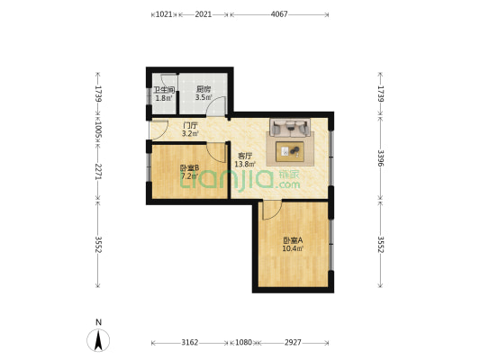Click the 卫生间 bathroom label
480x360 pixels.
[x=163, y=90]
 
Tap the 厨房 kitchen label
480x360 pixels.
[x=203, y=90]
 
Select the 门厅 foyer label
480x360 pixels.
[x=190, y=126]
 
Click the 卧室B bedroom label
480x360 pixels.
[x=189, y=167]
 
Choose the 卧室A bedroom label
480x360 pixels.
[x=292, y=240]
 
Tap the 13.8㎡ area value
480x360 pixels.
[x=244, y=165]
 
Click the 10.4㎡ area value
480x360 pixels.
[x=292, y=249]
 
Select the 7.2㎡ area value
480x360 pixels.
[x=189, y=176]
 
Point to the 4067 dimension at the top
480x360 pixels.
[x=279, y=14]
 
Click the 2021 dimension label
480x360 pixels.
[x=204, y=14]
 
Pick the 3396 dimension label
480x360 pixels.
[x=381, y=158]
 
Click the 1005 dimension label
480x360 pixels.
[x=97, y=130]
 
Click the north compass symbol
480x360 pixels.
[x=98, y=338]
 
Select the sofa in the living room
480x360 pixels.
[x=291, y=129]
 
